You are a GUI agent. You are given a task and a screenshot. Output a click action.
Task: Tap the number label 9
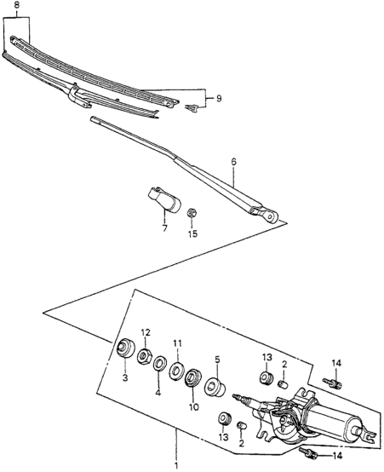(x=218, y=99)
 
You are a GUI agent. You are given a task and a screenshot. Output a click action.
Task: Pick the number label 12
(x=145, y=332)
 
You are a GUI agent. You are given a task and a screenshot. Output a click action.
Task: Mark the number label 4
(x=158, y=393)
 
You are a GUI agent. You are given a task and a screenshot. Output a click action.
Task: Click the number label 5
(x=217, y=360)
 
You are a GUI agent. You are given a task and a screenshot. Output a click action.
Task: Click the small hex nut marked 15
(x=192, y=213)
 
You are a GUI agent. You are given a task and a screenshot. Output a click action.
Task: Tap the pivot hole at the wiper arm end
(x=272, y=216)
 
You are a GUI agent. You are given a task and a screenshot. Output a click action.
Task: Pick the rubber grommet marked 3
(x=123, y=348)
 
